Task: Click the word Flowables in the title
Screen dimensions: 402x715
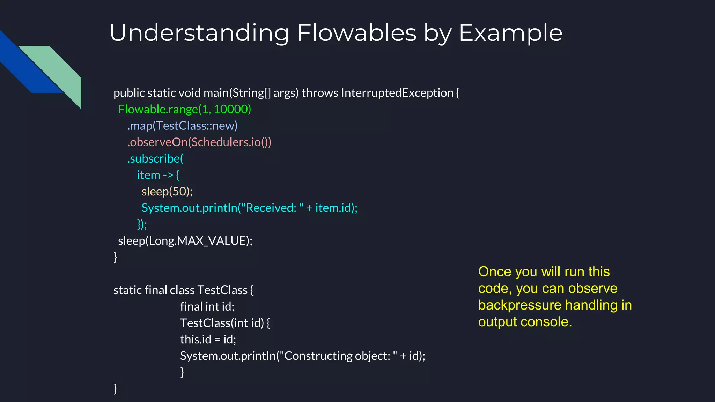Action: (357, 33)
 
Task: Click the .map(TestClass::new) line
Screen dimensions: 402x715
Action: (182, 126)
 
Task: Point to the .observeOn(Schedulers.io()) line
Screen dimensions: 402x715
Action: (199, 142)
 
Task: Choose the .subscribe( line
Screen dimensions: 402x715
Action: (155, 158)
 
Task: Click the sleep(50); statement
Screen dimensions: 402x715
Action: (167, 191)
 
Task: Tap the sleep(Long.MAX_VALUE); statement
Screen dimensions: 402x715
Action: (185, 241)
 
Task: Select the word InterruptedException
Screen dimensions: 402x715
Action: (397, 93)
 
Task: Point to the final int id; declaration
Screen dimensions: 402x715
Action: (207, 306)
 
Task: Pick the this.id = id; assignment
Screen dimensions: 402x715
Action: (208, 339)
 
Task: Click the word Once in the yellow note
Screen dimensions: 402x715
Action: (494, 271)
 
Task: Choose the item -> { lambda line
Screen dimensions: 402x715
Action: (158, 175)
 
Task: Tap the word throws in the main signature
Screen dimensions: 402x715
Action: (320, 93)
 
